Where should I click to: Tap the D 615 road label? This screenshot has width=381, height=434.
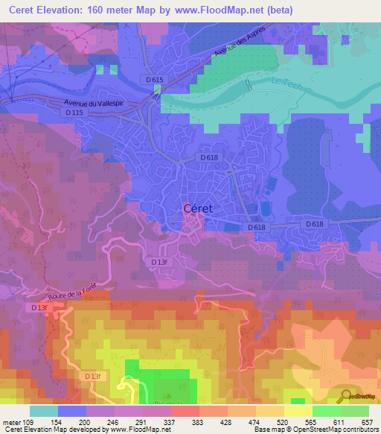(154, 80)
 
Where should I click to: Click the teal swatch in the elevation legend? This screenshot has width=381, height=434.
(43, 410)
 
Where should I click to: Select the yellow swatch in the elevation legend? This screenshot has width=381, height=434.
(298, 410)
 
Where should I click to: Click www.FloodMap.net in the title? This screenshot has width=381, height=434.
(234, 10)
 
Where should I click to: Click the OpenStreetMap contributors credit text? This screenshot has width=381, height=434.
(336, 430)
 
